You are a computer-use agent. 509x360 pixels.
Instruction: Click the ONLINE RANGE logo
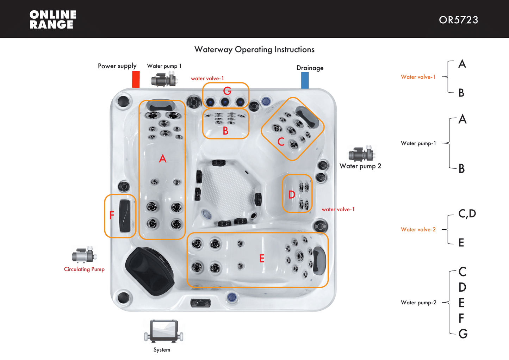point(53,19)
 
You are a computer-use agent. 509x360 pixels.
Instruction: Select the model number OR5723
point(458,20)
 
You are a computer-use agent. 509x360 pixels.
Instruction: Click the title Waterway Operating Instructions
point(254,49)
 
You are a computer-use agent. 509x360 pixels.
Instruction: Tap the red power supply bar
point(136,79)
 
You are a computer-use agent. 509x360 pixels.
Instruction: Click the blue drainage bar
point(305,80)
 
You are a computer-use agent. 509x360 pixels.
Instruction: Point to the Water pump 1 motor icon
point(164,79)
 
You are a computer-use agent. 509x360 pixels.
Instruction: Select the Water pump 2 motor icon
point(362,153)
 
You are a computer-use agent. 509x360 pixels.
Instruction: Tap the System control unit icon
point(163,331)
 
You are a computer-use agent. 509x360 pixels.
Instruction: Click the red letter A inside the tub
point(162,159)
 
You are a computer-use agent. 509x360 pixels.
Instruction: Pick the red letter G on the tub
point(227,91)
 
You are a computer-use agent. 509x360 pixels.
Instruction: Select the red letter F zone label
point(112,215)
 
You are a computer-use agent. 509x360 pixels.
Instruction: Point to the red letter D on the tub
point(292,195)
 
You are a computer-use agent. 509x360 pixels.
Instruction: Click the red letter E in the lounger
point(262,259)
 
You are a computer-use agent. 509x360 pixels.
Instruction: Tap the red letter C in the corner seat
point(281,142)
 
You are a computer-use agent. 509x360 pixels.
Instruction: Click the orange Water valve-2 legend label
point(418,229)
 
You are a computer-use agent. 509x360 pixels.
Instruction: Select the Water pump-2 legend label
point(418,302)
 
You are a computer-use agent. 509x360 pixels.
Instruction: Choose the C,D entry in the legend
point(467,213)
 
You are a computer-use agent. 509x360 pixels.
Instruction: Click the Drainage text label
point(310,68)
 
